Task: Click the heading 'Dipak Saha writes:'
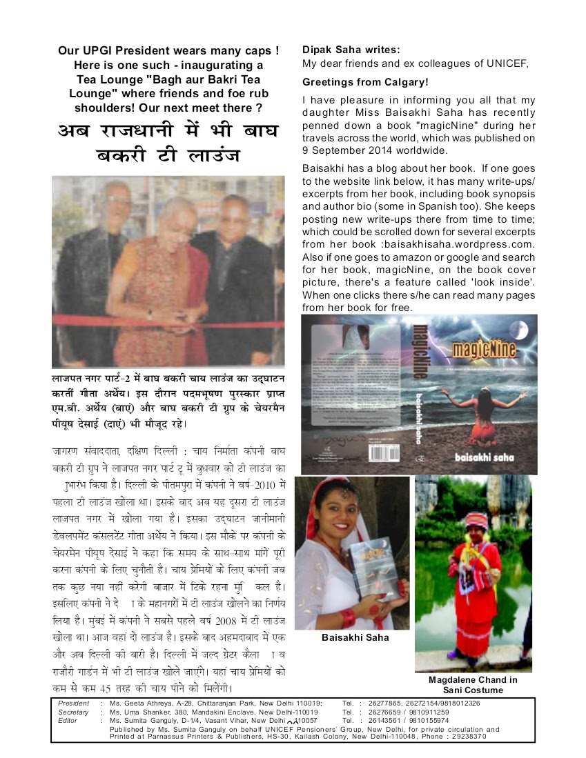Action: click(x=351, y=50)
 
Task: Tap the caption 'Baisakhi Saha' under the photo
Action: click(x=355, y=637)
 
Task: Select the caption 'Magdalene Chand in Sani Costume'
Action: click(x=473, y=684)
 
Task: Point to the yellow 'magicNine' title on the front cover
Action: click(x=482, y=349)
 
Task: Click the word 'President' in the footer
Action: click(x=74, y=703)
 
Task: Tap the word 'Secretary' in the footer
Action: click(x=74, y=712)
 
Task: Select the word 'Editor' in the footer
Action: click(x=69, y=720)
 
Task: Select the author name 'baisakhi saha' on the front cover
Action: click(x=482, y=457)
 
